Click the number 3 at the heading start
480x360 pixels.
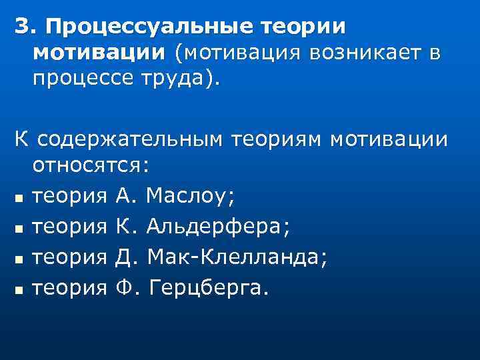click(23, 27)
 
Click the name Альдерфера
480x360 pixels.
click(217, 227)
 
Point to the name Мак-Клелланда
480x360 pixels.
click(236, 257)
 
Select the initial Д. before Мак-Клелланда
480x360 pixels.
click(127, 257)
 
